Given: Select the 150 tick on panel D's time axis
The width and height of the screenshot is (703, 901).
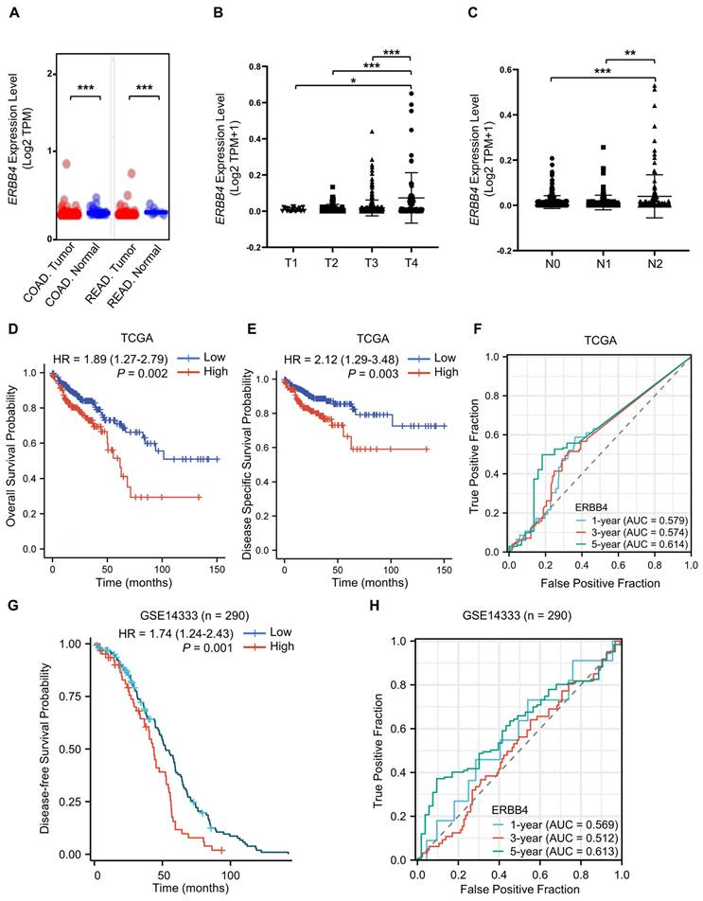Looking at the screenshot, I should tap(217, 563).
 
